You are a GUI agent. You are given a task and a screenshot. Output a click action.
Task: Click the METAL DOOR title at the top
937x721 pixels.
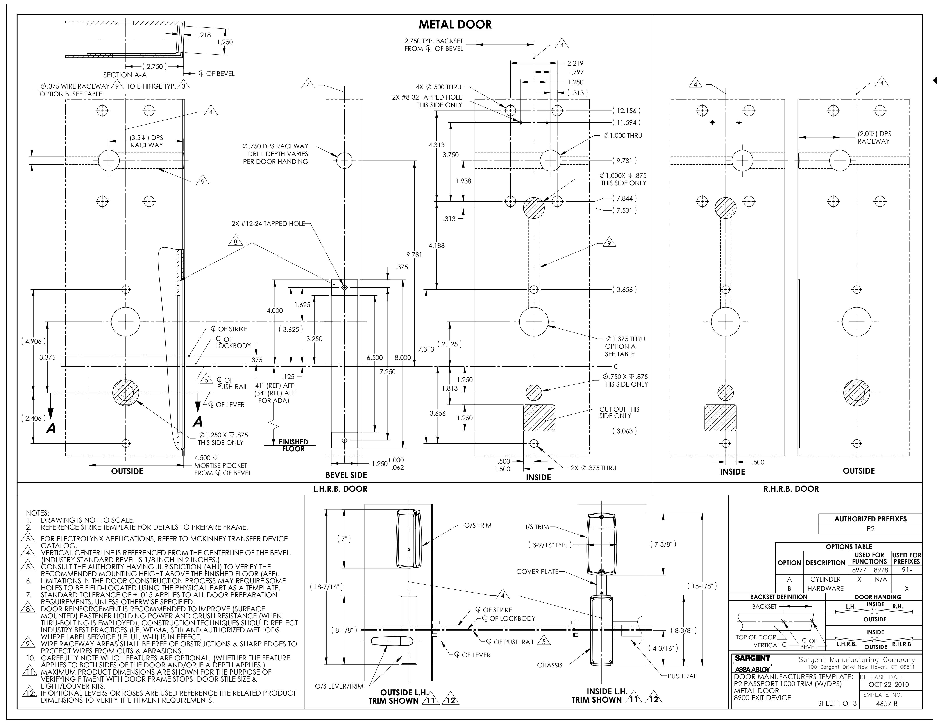click(455, 24)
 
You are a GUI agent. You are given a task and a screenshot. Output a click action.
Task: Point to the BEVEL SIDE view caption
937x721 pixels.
click(346, 475)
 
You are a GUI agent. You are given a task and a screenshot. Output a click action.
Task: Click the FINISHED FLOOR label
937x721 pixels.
click(293, 445)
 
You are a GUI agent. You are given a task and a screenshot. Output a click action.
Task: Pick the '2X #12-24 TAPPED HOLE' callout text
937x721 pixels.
click(268, 223)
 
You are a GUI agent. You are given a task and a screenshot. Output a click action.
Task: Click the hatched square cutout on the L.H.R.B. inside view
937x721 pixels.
click(539, 418)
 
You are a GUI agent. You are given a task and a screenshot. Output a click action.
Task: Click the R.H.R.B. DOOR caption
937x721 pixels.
click(791, 489)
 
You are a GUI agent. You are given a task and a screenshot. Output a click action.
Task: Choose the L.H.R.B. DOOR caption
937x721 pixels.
click(340, 489)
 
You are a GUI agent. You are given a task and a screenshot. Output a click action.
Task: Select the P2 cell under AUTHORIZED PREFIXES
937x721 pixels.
click(870, 529)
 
